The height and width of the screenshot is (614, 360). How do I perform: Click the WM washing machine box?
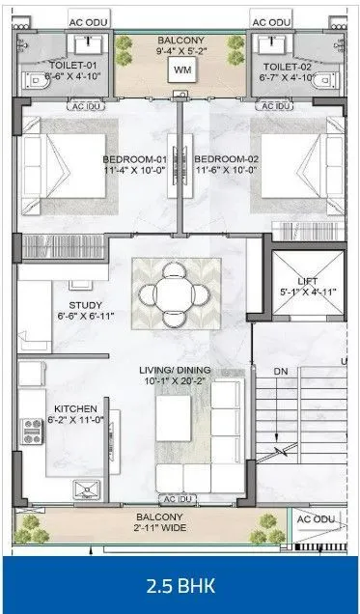180,70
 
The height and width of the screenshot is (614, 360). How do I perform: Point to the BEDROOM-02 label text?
224,159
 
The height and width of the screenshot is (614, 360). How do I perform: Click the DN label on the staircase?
280,371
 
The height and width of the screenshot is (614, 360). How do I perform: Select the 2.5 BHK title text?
180,586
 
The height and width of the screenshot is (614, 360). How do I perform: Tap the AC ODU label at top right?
270,21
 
